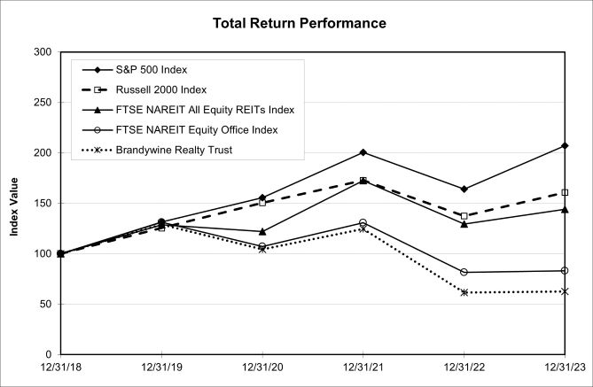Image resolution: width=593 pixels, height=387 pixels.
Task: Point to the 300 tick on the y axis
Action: tap(40, 52)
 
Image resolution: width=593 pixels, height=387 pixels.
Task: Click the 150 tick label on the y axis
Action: tap(40, 203)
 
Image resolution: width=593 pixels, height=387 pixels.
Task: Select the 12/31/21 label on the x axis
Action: tap(363, 367)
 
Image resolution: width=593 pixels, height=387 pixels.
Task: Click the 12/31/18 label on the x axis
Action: tap(60, 367)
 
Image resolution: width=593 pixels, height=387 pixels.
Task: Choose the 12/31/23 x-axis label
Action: tap(564, 367)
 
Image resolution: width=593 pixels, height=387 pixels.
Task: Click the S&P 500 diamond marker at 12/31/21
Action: tap(363, 152)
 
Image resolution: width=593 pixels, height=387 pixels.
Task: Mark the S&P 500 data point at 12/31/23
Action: tap(565, 145)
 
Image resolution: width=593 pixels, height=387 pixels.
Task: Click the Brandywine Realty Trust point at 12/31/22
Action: tap(464, 292)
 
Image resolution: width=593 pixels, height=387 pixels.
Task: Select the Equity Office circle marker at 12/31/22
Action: tap(464, 272)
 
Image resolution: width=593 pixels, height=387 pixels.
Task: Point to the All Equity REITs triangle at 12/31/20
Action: tap(261, 231)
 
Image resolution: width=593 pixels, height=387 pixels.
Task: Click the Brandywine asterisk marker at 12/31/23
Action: tap(565, 291)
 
